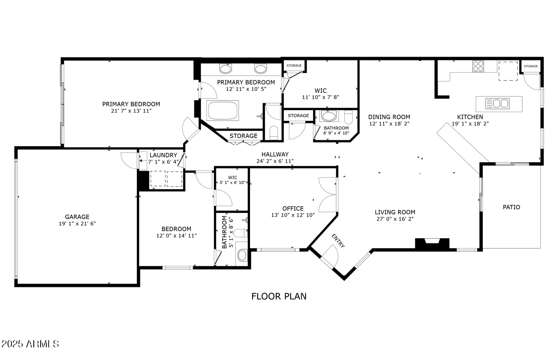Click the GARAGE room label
tap(77, 217)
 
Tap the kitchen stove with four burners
tap(478, 66)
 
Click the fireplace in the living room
tap(432, 243)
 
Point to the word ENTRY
tap(338, 241)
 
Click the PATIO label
tap(511, 207)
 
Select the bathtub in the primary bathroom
tap(223, 111)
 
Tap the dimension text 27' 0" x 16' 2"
tap(395, 219)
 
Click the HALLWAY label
tap(275, 154)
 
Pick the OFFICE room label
tap(293, 208)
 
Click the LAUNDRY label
tap(163, 155)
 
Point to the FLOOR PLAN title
tap(279, 296)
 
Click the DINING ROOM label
tap(389, 117)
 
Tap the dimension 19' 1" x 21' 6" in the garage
tap(77, 224)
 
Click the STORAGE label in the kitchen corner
tap(531, 66)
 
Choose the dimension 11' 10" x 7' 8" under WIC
tap(321, 97)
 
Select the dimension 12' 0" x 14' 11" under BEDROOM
tap(177, 236)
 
